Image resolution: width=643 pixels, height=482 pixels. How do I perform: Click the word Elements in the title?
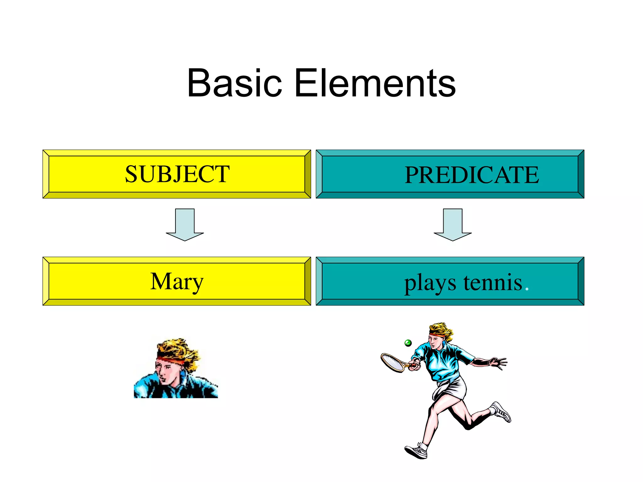[x=375, y=83]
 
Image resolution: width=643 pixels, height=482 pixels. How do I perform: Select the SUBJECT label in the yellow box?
[x=177, y=174]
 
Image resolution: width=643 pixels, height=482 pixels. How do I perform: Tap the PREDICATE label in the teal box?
[x=472, y=175]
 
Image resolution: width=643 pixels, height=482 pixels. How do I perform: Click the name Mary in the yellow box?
[x=177, y=281]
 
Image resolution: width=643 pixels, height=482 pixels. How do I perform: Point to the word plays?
[x=430, y=283]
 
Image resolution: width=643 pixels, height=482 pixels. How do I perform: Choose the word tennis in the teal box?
[x=493, y=282]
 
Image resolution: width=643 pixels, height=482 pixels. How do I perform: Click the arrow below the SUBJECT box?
[x=185, y=225]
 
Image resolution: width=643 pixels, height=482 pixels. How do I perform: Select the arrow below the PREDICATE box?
[x=452, y=225]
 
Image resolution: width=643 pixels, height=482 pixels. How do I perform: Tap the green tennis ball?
[x=408, y=343]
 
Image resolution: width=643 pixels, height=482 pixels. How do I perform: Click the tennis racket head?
[x=392, y=362]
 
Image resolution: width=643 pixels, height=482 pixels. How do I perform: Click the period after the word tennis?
[x=527, y=289]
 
